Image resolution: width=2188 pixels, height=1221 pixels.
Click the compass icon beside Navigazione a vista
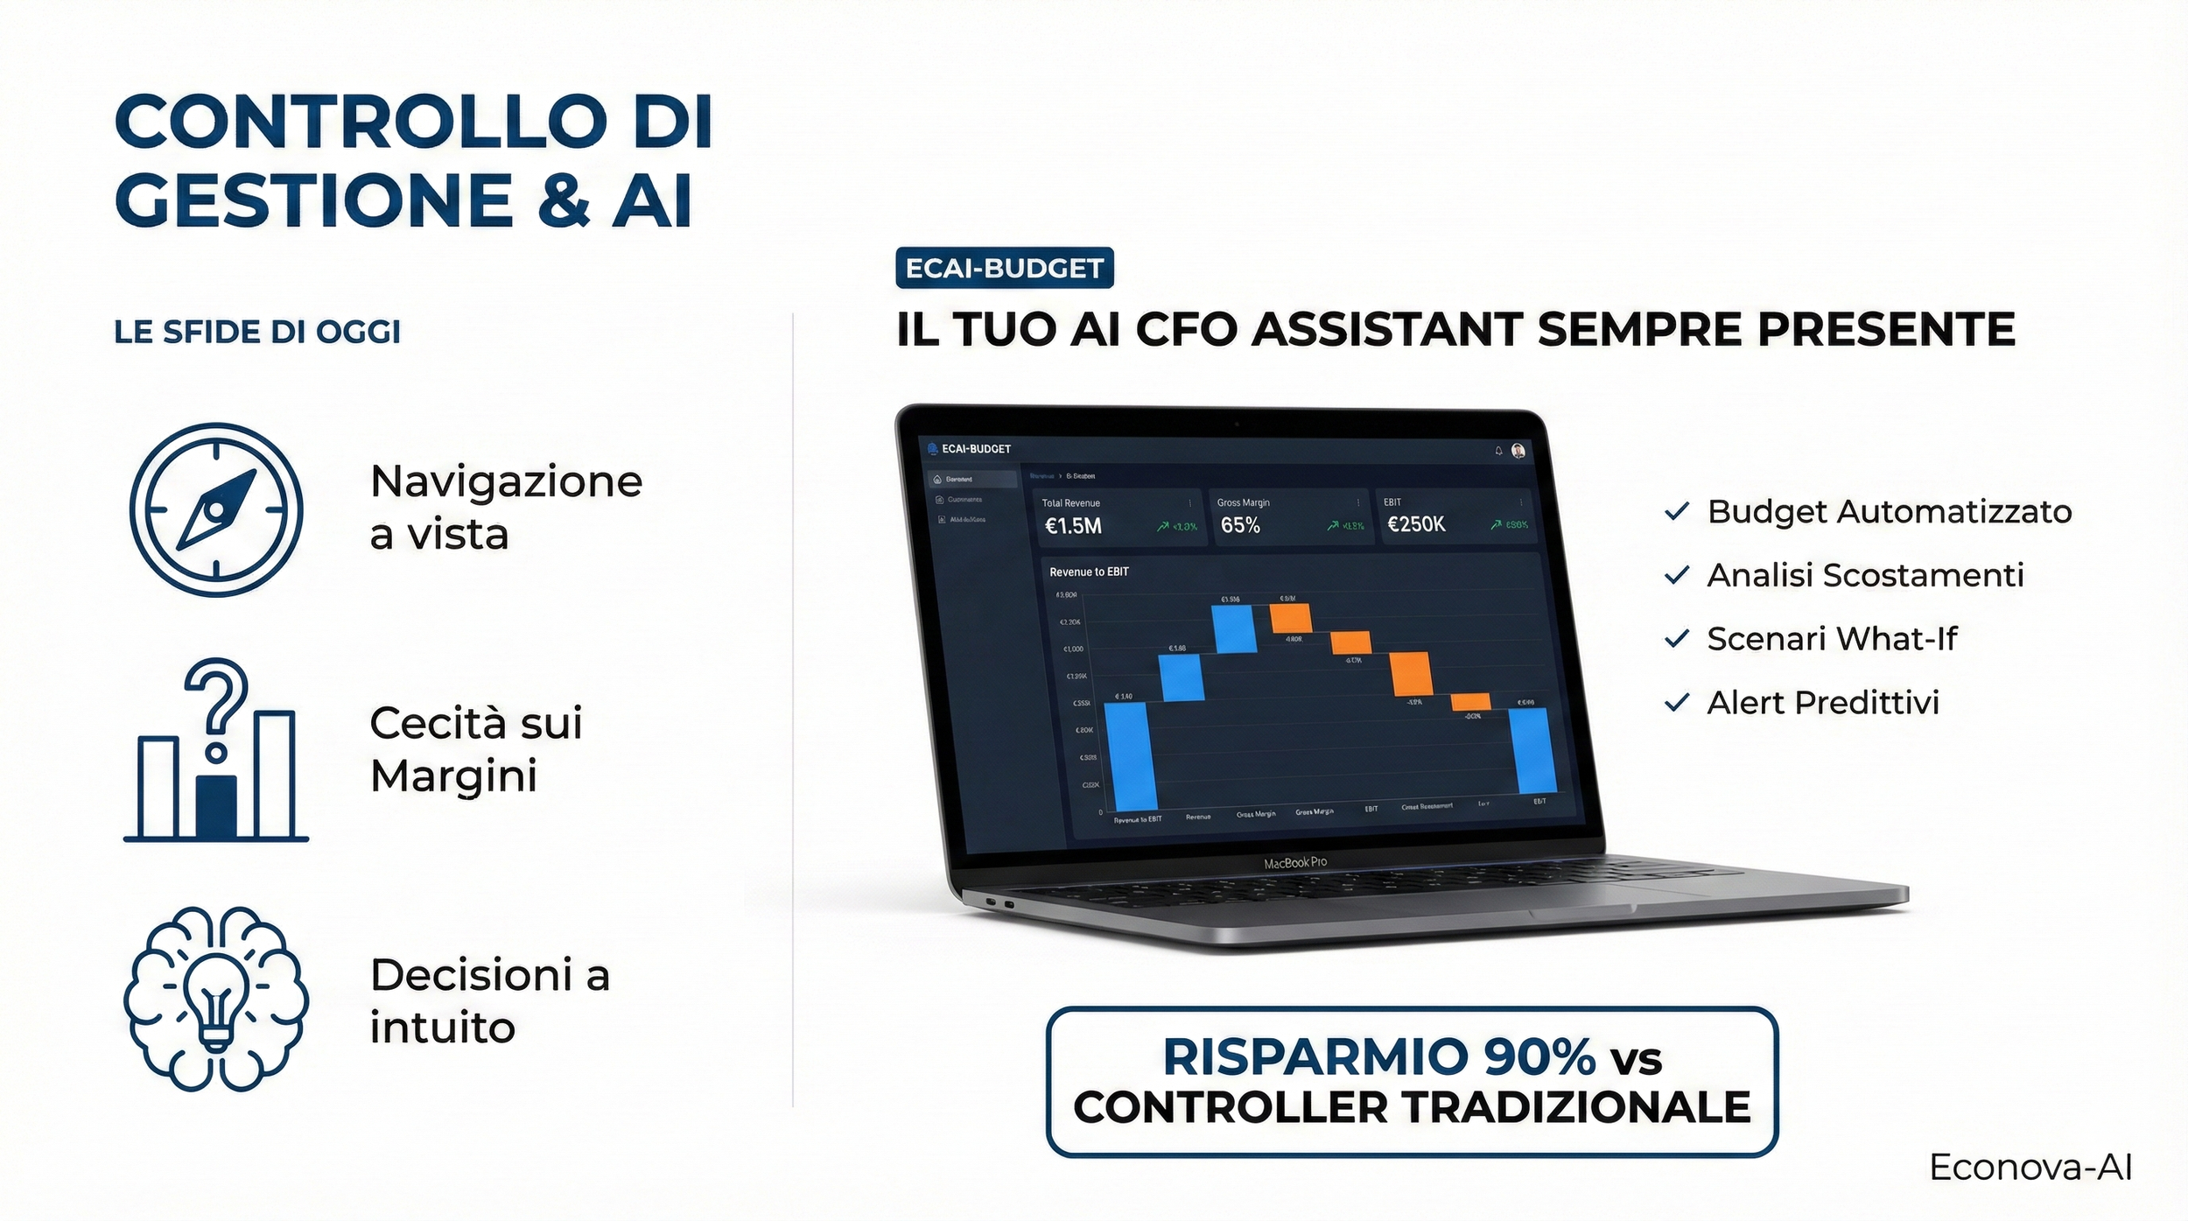coord(216,509)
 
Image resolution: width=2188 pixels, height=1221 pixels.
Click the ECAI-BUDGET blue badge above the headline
coord(1004,268)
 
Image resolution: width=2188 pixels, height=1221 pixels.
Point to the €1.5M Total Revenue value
coord(1073,526)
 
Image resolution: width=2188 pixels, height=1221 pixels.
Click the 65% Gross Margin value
coord(1240,525)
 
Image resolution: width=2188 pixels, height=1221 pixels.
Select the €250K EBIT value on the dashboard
coord(1416,524)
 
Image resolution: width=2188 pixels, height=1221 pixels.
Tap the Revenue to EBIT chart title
coord(1089,572)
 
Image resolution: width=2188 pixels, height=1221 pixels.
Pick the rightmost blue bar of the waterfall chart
coord(1532,750)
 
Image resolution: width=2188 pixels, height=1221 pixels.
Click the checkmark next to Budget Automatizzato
coord(1676,511)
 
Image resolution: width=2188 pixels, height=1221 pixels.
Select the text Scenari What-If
coord(1831,639)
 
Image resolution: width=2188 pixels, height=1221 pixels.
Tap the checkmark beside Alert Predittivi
coord(1676,703)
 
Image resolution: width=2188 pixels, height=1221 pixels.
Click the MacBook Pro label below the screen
coord(1294,863)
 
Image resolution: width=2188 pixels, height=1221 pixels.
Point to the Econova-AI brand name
coord(2030,1168)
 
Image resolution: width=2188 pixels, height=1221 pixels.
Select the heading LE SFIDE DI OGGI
coord(257,332)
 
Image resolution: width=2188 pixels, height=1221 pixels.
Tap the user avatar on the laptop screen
coord(1518,451)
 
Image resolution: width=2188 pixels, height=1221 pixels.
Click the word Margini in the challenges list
coord(453,776)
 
